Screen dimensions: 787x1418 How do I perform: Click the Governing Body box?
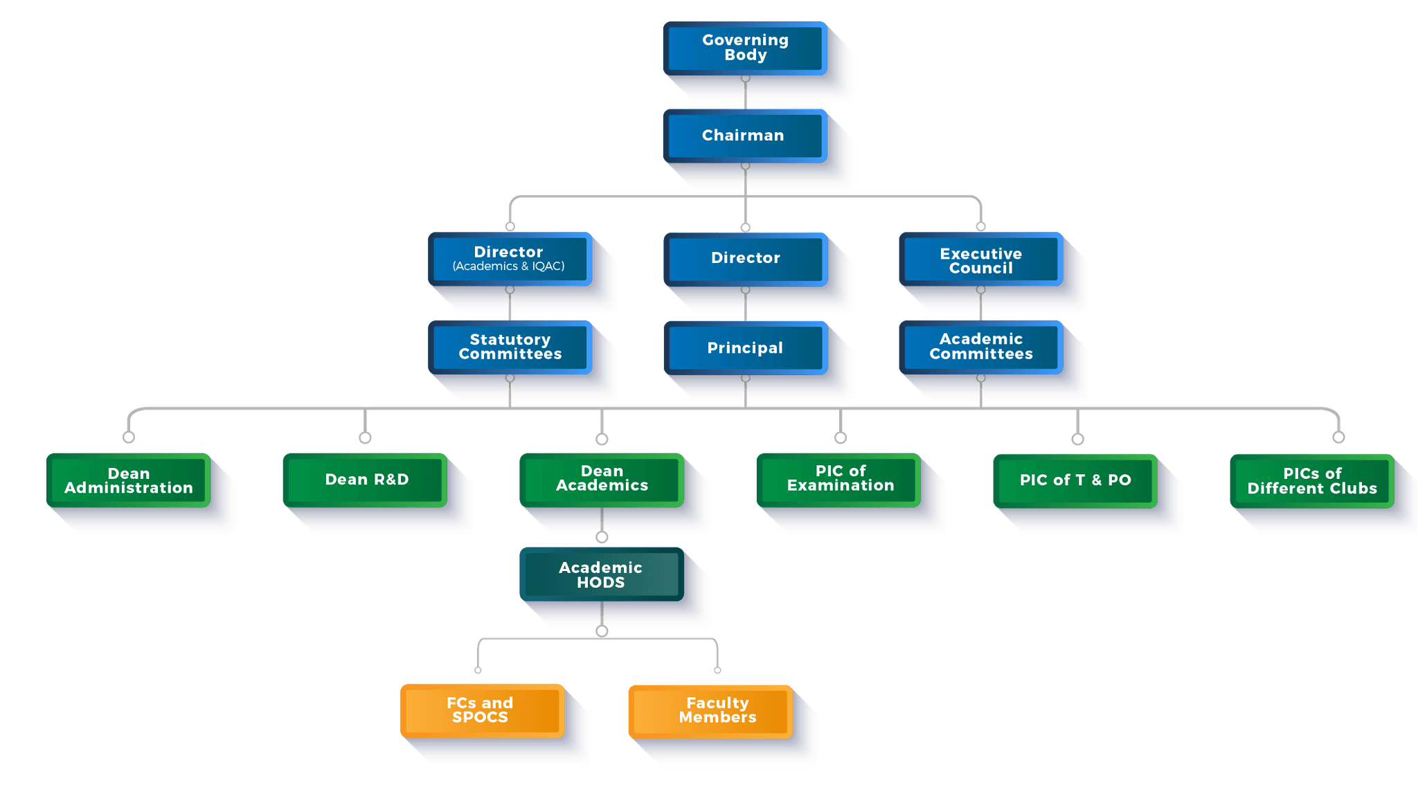pos(745,48)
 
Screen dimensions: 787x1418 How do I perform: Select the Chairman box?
pos(745,135)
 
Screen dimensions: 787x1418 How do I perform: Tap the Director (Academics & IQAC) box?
pos(510,258)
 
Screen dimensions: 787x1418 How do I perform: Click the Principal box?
pos(745,347)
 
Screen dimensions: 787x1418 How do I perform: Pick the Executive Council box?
pos(980,260)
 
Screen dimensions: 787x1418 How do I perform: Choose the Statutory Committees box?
pos(510,347)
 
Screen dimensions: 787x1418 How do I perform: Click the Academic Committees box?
pos(980,347)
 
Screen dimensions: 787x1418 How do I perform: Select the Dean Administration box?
pos(129,480)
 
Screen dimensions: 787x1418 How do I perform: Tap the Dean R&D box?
pos(366,480)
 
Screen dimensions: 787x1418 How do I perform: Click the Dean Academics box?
pos(602,479)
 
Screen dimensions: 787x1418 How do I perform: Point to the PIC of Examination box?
pos(839,479)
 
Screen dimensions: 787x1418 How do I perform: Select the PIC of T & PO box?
pos(1075,480)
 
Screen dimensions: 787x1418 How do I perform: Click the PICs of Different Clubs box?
pos(1311,481)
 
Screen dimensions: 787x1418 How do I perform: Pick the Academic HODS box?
pos(601,575)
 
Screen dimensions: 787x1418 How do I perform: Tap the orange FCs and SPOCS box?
pos(481,710)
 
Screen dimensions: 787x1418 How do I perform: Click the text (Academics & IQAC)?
pos(509,266)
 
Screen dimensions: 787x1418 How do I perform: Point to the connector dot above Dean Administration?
pos(129,437)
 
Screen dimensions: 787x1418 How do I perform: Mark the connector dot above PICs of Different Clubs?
pos(1338,437)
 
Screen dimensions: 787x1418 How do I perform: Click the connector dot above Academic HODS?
pos(602,537)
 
